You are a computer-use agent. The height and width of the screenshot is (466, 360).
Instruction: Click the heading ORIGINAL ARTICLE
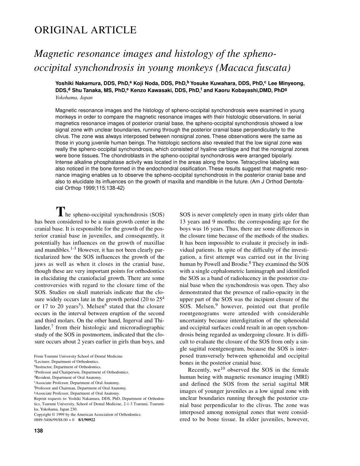coord(85,30)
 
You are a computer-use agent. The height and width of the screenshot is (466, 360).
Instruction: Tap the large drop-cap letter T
coord(61,211)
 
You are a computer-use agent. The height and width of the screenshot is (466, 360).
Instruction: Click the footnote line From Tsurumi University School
coord(78,356)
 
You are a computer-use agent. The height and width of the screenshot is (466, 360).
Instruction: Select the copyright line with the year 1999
coord(88,414)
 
